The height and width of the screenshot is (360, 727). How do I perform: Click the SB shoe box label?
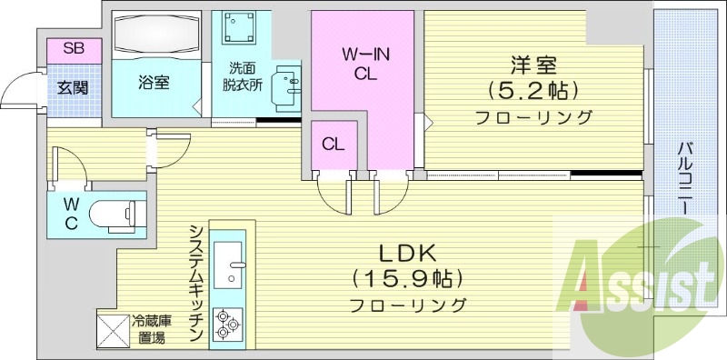click(x=74, y=49)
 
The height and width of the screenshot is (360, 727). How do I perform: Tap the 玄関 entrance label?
click(x=74, y=88)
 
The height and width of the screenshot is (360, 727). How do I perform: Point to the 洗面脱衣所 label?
click(x=244, y=76)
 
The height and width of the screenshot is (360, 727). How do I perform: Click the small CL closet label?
click(x=333, y=144)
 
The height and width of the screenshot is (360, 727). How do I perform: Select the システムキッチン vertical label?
click(x=195, y=283)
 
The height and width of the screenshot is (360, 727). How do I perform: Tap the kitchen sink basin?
click(x=226, y=253)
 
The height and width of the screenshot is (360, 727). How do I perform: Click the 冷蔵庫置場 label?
click(x=151, y=329)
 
